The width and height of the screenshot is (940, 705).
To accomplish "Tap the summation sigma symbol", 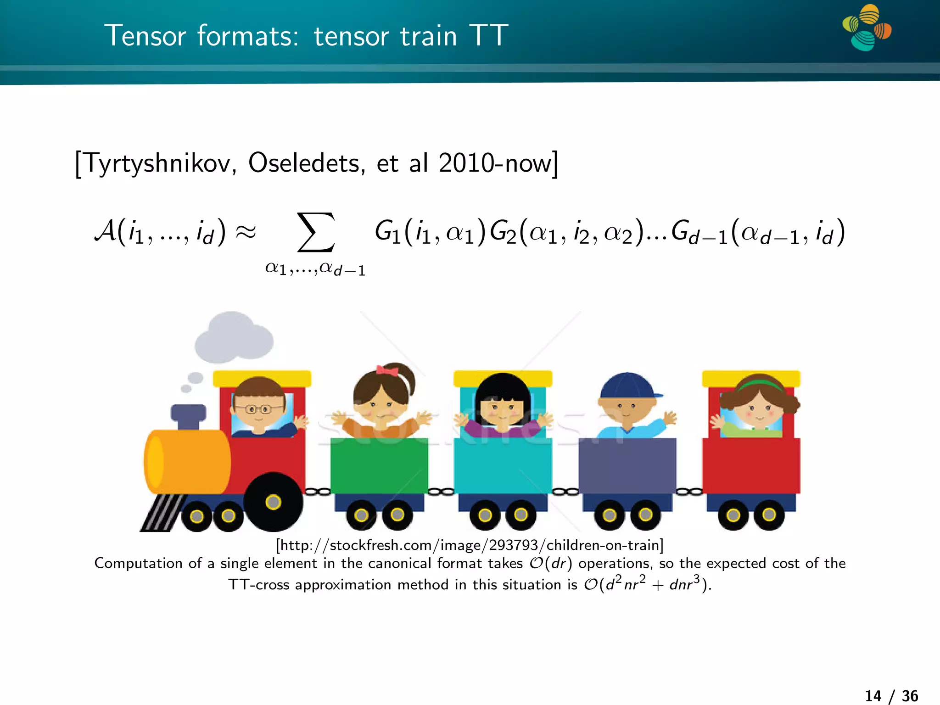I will [x=315, y=232].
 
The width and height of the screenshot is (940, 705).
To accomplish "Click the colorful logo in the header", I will [x=867, y=28].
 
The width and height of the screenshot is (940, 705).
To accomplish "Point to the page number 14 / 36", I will [x=891, y=696].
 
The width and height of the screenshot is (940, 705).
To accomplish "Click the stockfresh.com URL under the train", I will [x=470, y=545].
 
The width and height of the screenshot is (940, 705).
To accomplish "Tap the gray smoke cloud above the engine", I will [x=233, y=337].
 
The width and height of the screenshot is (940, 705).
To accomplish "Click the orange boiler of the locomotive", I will [x=188, y=462].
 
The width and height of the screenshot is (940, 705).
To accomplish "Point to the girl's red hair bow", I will [x=387, y=370].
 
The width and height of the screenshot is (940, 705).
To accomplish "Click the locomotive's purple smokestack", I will [x=189, y=414].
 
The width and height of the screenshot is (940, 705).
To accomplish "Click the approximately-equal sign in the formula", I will [x=246, y=232].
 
